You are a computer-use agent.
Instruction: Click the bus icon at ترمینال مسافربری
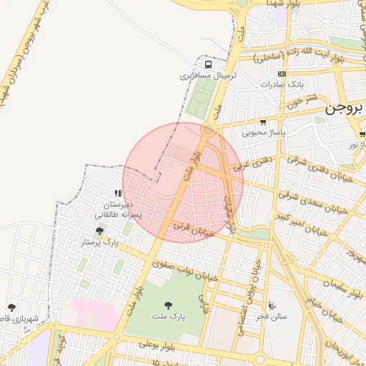pyautogui.click(x=208, y=64)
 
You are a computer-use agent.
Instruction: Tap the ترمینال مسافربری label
pyautogui.click(x=207, y=74)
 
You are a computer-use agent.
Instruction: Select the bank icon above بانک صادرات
pyautogui.click(x=282, y=74)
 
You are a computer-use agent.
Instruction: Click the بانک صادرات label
pyautogui.click(x=282, y=84)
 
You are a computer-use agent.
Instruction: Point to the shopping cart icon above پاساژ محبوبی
pyautogui.click(x=263, y=122)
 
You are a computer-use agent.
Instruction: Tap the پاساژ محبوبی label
pyautogui.click(x=263, y=132)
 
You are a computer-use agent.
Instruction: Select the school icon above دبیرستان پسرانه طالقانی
pyautogui.click(x=117, y=193)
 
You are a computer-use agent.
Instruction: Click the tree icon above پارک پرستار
pyautogui.click(x=99, y=231)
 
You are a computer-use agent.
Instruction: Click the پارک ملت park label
pyautogui.click(x=169, y=315)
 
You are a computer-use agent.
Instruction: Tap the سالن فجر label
pyautogui.click(x=272, y=316)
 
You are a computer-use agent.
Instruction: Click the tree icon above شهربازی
pyautogui.click(x=11, y=308)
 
